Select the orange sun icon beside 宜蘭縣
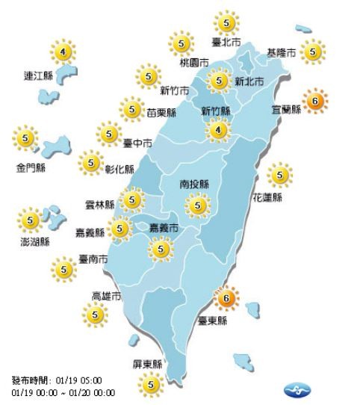tap(314, 100)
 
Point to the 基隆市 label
tap(282, 52)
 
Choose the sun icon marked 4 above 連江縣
tap(63, 52)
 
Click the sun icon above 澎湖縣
tap(31, 220)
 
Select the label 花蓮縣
tap(267, 198)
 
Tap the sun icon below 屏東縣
tap(152, 385)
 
